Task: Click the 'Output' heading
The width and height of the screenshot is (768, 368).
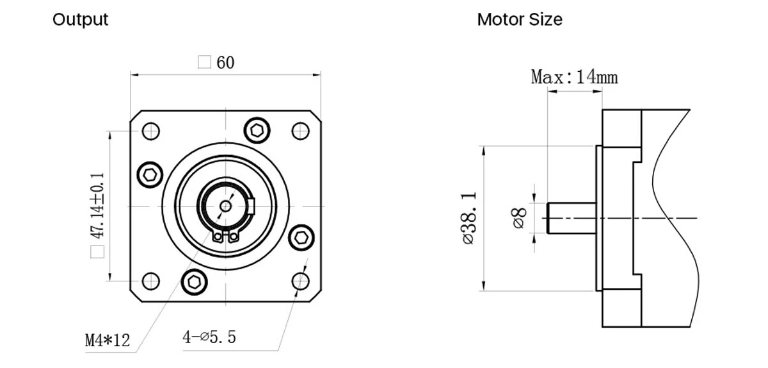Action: (x=80, y=20)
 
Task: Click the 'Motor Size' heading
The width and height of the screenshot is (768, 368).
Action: (x=519, y=20)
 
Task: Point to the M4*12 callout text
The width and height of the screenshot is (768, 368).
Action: (x=108, y=340)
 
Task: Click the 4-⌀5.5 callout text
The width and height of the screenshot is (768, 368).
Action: (x=209, y=337)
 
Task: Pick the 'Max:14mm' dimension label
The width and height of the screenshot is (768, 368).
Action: (x=574, y=78)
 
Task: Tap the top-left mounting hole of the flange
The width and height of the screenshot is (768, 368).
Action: (x=150, y=131)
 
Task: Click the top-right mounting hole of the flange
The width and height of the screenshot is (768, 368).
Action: (x=300, y=131)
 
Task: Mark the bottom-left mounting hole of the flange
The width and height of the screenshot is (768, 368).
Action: (x=150, y=281)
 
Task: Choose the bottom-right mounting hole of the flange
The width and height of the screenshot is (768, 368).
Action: (x=300, y=281)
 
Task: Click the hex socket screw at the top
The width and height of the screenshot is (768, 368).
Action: (x=257, y=130)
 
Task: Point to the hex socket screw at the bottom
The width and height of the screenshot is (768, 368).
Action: (x=194, y=281)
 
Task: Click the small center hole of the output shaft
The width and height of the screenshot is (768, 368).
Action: (x=225, y=206)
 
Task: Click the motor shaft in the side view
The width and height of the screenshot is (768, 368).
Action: (x=572, y=218)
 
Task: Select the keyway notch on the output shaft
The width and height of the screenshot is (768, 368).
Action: (x=252, y=206)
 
